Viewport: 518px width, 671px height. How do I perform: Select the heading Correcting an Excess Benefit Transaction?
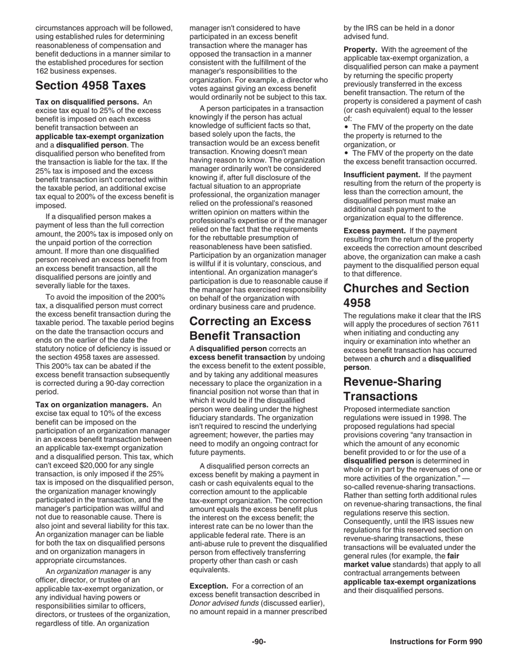[250, 328]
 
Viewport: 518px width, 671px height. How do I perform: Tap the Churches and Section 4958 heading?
[406, 295]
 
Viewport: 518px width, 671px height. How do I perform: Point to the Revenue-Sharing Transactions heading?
[392, 388]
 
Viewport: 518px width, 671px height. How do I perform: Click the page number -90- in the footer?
[258, 642]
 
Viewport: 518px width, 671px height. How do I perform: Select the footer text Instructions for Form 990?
[436, 642]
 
